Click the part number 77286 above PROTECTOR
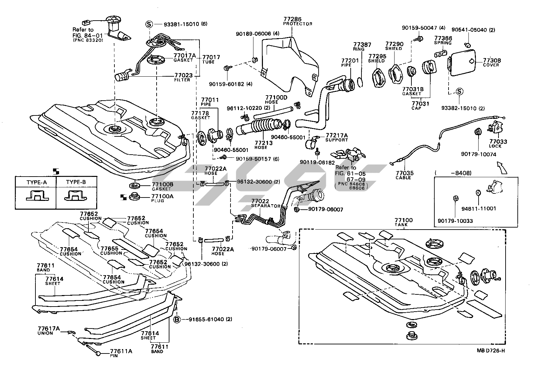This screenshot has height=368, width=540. (292, 20)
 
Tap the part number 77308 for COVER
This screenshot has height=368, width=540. (492, 61)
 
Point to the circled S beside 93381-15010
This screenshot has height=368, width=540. (149, 24)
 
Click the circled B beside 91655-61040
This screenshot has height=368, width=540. (177, 319)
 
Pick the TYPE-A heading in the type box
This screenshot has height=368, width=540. (36, 182)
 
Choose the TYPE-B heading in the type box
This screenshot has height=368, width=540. (76, 182)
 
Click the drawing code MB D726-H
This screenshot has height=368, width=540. (490, 350)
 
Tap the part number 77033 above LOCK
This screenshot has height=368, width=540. (498, 142)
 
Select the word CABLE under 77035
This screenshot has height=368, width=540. (403, 178)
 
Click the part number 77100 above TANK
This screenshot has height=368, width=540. (404, 220)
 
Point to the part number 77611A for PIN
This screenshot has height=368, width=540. (121, 351)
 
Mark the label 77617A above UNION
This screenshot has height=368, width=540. (49, 328)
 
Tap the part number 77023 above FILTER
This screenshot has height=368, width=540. (183, 75)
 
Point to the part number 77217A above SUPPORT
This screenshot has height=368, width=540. (336, 135)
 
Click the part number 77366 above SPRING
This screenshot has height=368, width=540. (443, 38)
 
